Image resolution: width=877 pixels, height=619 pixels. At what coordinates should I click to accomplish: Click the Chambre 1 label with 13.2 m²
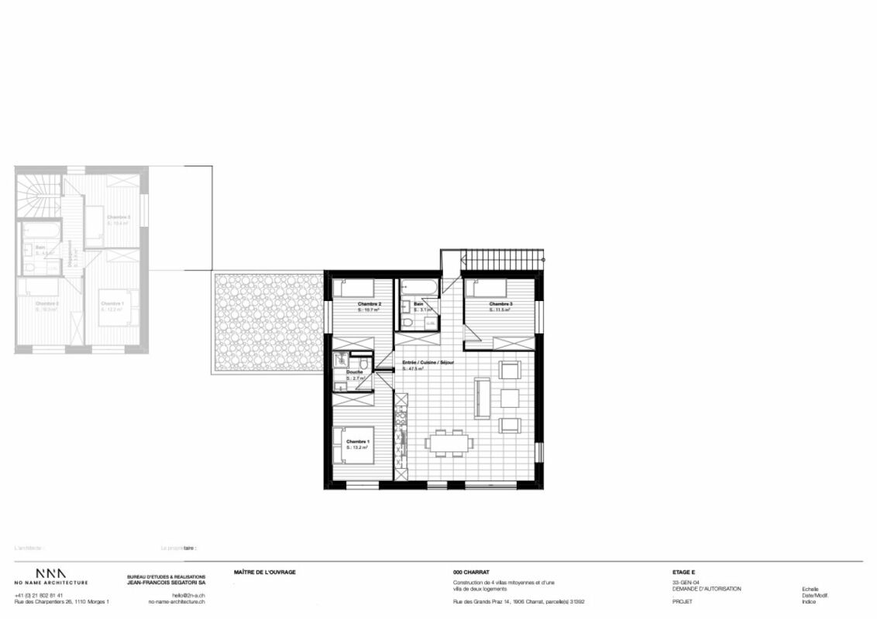click(346, 442)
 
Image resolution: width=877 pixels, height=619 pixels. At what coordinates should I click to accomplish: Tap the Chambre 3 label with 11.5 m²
click(500, 304)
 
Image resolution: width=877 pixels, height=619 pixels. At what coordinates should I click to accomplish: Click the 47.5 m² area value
click(413, 369)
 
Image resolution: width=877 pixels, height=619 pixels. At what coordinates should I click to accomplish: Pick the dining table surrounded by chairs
click(447, 442)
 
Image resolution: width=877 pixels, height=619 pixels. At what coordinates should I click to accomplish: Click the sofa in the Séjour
click(481, 398)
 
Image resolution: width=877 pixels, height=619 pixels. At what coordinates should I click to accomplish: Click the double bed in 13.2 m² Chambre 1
click(354, 446)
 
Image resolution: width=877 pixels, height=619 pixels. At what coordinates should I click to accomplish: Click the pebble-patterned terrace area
click(268, 321)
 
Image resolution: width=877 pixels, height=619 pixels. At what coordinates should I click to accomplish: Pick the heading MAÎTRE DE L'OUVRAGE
click(264, 573)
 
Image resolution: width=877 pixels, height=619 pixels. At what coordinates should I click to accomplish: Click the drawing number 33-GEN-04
click(686, 582)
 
